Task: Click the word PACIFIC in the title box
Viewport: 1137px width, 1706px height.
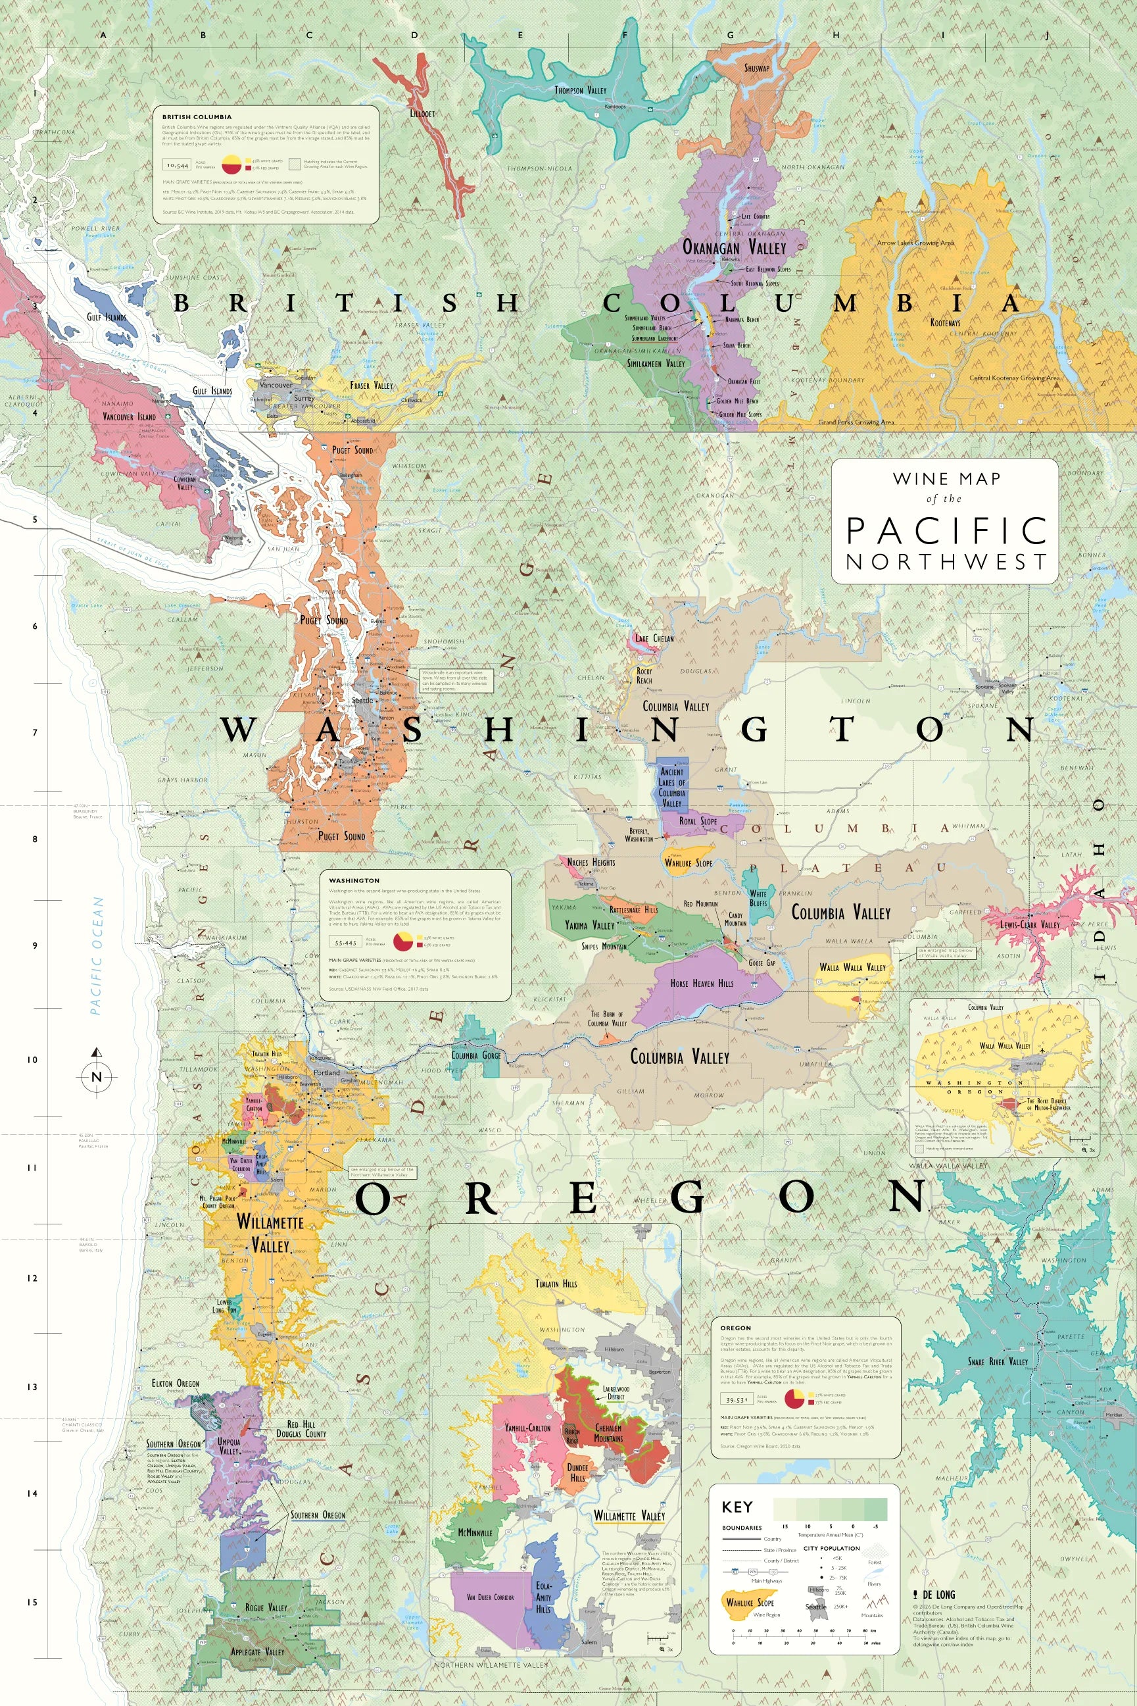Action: pos(946,531)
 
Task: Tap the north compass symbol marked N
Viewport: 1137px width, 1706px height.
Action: pos(97,1076)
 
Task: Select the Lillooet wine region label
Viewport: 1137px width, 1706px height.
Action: pos(422,114)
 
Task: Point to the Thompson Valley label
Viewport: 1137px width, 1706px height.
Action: pos(580,91)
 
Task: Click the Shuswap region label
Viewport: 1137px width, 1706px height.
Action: pos(756,68)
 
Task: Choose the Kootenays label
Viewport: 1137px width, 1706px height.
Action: pos(945,323)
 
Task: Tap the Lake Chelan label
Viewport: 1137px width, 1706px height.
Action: pos(654,638)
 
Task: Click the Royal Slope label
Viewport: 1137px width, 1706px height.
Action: pos(698,822)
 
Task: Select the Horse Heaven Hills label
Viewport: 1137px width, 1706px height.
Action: pos(701,984)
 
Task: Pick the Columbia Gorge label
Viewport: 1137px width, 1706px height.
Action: pos(475,1055)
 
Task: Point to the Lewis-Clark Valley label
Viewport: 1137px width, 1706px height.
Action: pos(1030,925)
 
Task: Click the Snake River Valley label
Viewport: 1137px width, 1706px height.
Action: pos(997,1361)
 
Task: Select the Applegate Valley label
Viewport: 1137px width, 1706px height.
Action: pos(257,1651)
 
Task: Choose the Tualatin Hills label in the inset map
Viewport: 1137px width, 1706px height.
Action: pos(556,1284)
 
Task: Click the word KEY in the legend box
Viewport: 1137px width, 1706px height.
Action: pos(737,1507)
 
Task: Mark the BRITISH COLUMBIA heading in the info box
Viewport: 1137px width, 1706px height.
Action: pos(197,116)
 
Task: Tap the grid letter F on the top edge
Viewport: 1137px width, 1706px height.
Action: pos(625,35)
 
